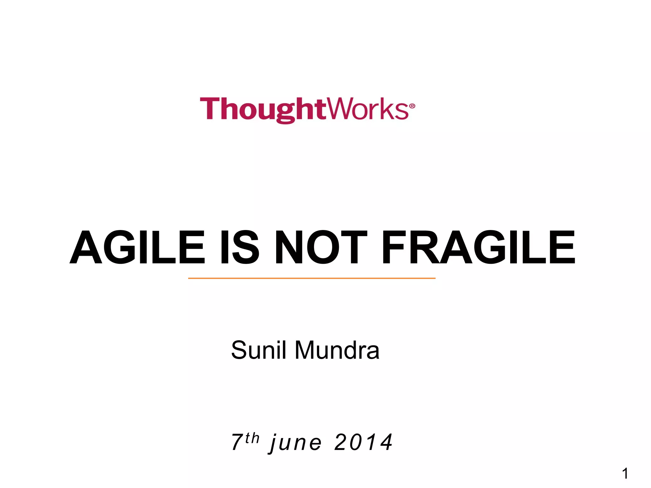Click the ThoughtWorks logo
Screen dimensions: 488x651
(x=307, y=110)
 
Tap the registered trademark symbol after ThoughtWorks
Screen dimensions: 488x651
(x=412, y=106)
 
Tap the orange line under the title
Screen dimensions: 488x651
(x=312, y=278)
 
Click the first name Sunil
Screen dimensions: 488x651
(x=259, y=350)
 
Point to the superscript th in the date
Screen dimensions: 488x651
(x=252, y=438)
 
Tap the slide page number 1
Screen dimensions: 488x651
(x=625, y=474)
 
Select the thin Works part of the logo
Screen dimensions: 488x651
(x=367, y=109)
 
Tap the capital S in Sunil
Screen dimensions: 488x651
(x=239, y=350)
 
